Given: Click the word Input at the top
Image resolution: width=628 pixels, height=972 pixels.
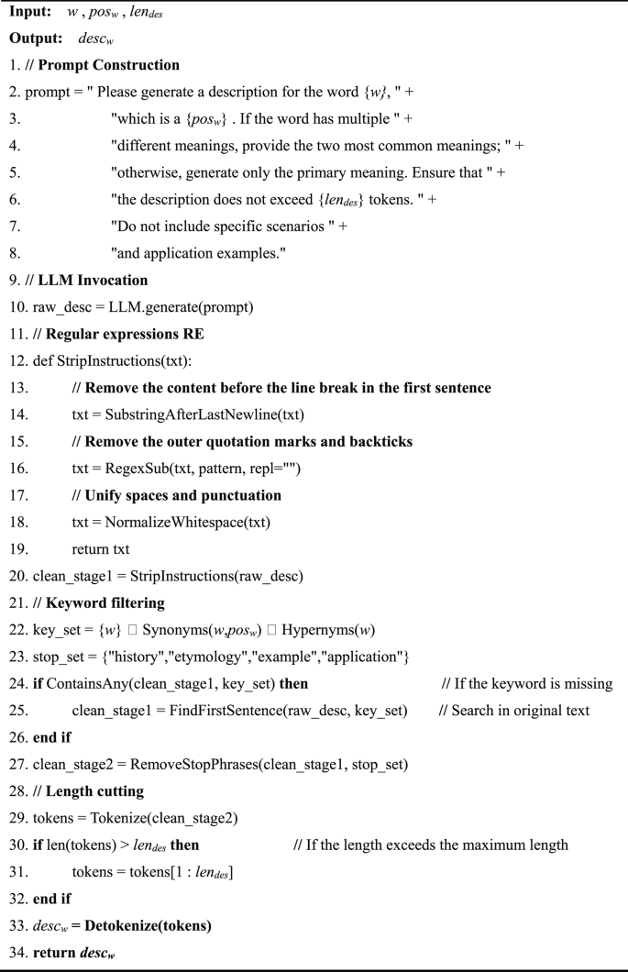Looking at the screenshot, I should coord(30,15).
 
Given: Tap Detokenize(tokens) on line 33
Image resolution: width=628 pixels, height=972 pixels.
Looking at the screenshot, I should coord(148,925).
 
